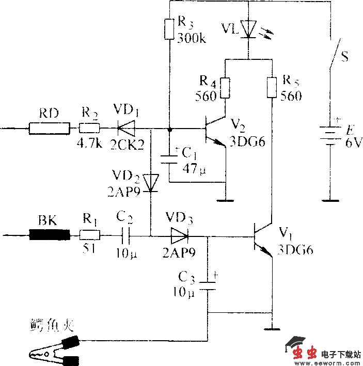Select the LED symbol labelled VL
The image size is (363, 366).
tap(249, 29)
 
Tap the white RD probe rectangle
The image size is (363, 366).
tap(49, 128)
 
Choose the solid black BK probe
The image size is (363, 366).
tap(49, 236)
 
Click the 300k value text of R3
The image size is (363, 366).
tap(191, 38)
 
